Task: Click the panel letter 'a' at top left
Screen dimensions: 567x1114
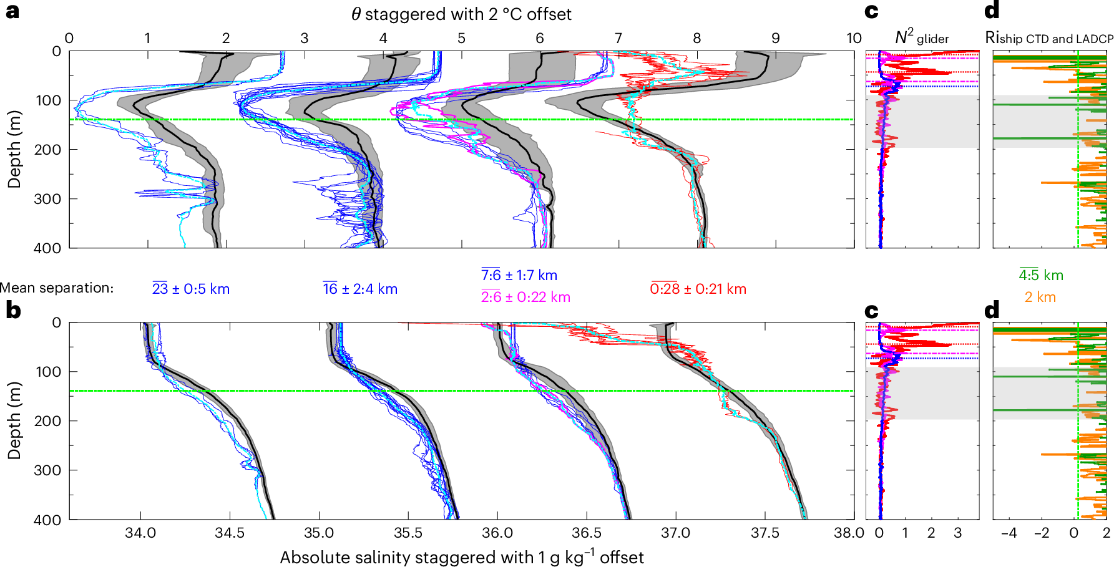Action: pos(12,11)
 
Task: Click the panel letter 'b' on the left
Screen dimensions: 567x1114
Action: pos(12,310)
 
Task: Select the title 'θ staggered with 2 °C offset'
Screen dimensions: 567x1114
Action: pos(461,14)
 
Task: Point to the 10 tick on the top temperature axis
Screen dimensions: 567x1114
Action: pos(854,38)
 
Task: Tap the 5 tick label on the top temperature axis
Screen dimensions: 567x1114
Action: pos(461,38)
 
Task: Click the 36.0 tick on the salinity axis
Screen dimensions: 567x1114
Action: pos(497,533)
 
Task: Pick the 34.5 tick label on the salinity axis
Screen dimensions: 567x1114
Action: pos(230,533)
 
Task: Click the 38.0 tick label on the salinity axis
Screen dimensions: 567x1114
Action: pos(849,533)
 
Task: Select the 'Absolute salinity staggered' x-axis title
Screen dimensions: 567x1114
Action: pos(461,557)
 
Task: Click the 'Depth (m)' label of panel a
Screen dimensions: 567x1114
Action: pos(14,149)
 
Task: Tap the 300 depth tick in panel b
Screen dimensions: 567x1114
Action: pos(47,470)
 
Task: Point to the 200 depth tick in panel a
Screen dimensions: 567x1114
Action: pos(47,150)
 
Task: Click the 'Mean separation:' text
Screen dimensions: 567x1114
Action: pos(57,288)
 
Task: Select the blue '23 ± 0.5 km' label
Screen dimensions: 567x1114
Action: pos(191,289)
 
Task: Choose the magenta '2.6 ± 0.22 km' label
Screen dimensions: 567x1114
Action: pos(525,297)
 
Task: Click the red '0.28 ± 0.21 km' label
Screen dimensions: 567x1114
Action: pos(698,289)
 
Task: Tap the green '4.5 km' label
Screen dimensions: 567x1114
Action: pos(1041,275)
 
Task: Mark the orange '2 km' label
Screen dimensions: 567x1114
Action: pos(1040,297)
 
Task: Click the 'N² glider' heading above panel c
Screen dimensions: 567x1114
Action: pos(922,38)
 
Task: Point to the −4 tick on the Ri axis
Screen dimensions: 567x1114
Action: pos(1009,533)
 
